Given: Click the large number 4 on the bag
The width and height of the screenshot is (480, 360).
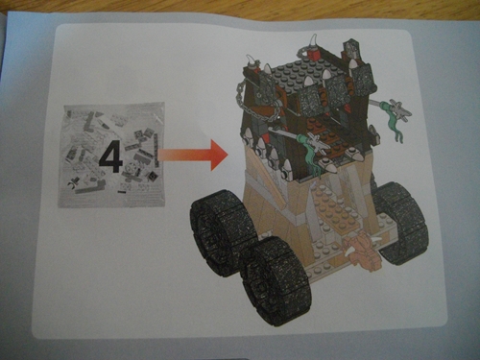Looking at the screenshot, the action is pos(110,159).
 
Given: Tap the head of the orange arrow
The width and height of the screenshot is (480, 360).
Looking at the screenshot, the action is pos(219,156).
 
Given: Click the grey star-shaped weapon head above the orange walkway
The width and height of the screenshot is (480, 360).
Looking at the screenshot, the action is pos(315,142).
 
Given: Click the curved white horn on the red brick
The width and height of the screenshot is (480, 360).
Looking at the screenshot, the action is pos(312,42).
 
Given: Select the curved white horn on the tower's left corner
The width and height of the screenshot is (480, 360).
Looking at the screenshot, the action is pos(252,60).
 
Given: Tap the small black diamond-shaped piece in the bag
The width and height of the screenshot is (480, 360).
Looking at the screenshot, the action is pos(152,175).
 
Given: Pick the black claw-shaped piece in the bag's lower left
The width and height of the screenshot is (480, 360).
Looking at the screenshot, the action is pos(72,185).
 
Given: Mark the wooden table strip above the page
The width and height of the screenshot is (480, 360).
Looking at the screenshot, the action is pos(240,9).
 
